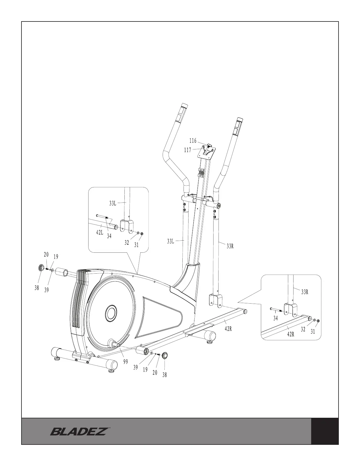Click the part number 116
(193, 141)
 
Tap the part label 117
(187, 150)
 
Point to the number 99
(126, 362)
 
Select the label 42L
(100, 232)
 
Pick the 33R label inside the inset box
(305, 292)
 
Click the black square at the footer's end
(325, 431)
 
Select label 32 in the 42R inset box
(303, 330)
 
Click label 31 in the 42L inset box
(136, 244)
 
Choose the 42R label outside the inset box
(229, 329)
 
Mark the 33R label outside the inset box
(230, 247)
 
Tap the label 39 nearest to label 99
(136, 367)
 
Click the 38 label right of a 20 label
(165, 375)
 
